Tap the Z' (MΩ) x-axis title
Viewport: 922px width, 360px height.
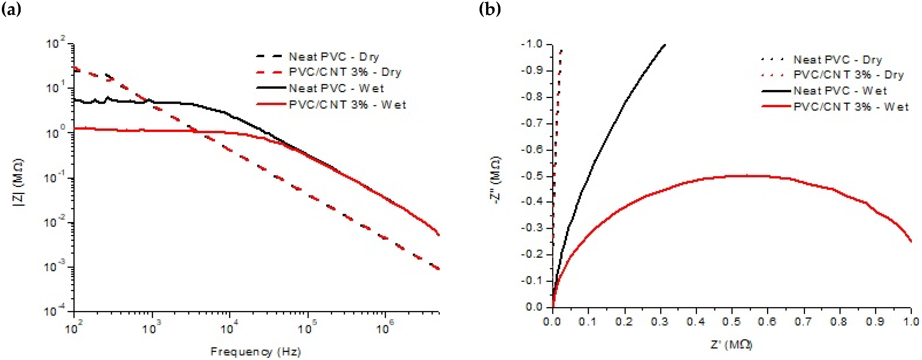(x=731, y=345)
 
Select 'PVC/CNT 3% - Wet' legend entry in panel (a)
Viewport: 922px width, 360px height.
(x=347, y=105)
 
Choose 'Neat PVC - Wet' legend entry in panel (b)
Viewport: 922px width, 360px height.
(x=840, y=91)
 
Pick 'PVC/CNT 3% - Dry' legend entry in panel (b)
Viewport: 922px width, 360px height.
(x=848, y=75)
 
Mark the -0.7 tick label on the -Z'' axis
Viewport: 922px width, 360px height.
(x=532, y=123)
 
